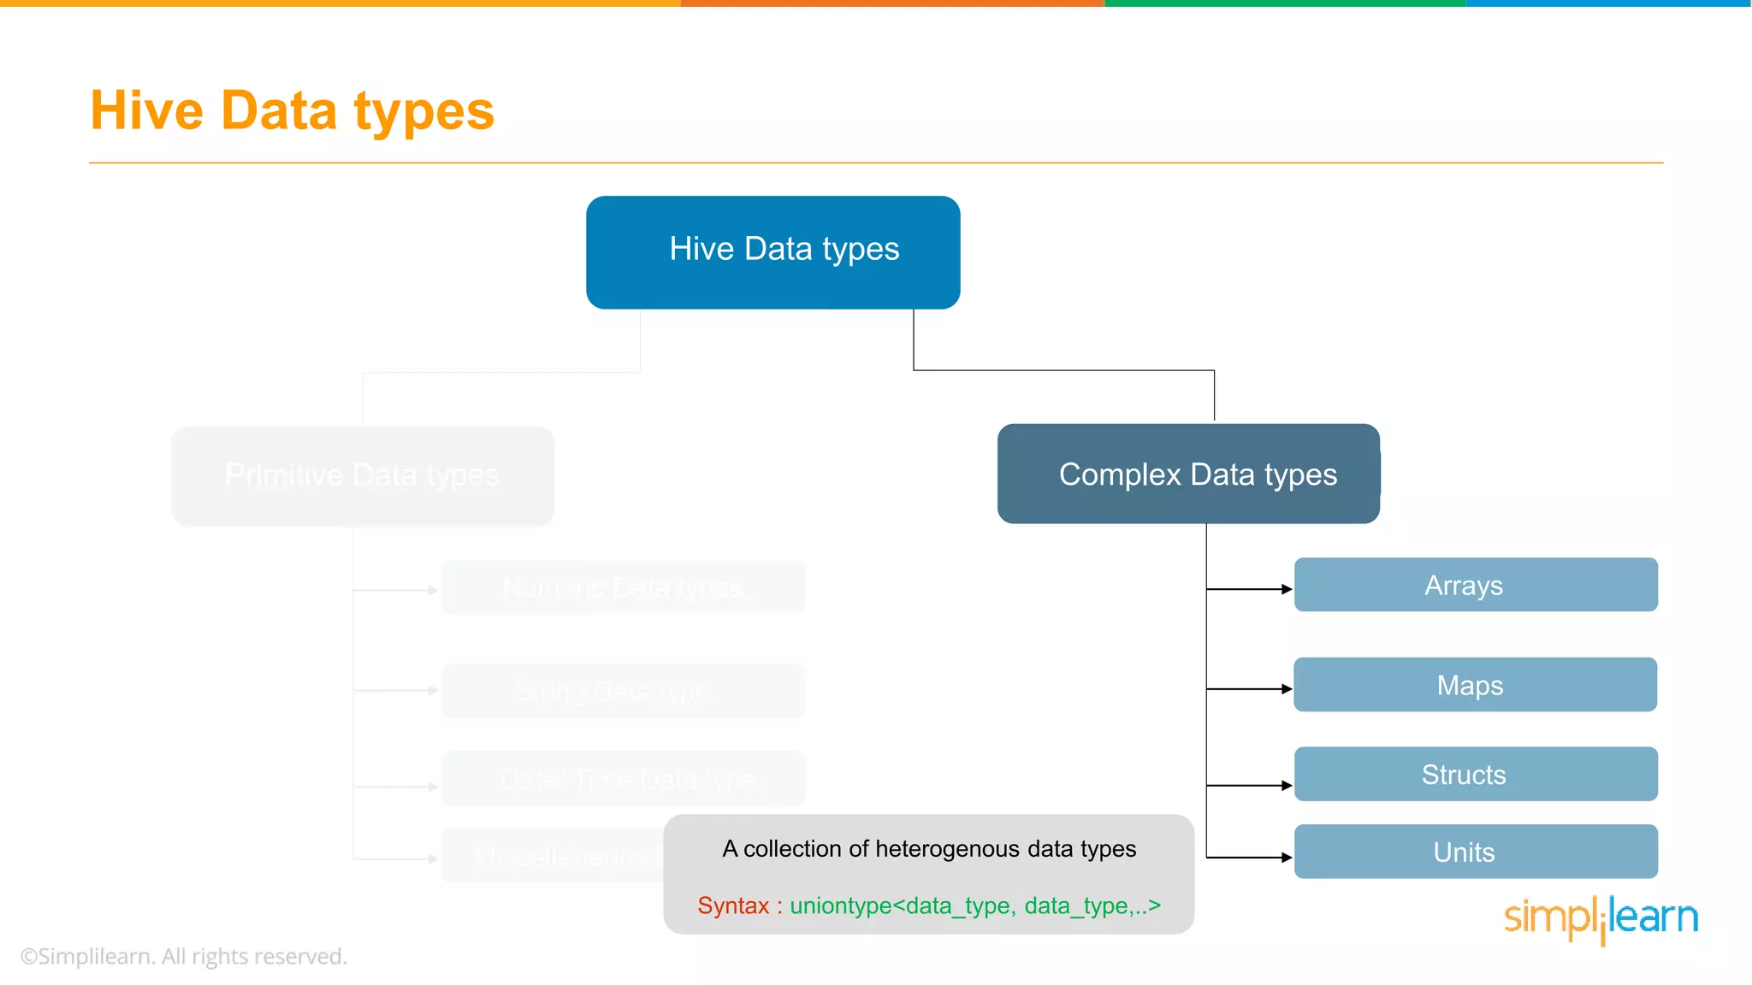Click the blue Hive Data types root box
772,252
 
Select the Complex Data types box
1188,474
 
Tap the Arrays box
1476,585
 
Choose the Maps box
1475,685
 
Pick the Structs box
1476,774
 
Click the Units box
1476,852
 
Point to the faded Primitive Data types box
363,475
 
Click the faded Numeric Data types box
623,587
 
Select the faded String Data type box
623,691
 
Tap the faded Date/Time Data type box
623,779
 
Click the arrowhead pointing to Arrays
1287,589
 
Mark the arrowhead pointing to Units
1287,857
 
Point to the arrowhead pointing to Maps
1287,688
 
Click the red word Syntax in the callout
733,905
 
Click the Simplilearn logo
1601,918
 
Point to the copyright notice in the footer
184,956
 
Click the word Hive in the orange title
146,111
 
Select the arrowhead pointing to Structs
1287,785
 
